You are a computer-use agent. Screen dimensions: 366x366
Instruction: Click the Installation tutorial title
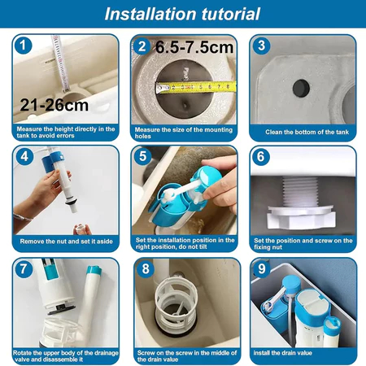click(x=182, y=14)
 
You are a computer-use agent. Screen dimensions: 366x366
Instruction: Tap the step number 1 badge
click(x=24, y=46)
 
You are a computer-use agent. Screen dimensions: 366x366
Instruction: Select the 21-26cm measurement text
click(x=54, y=105)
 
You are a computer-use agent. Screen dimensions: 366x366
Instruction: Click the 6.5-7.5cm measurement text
click(x=194, y=48)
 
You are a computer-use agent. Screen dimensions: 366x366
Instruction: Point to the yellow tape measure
click(x=196, y=87)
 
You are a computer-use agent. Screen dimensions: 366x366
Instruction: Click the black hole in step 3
click(x=301, y=88)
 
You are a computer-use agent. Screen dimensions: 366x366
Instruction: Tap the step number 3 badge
click(x=261, y=46)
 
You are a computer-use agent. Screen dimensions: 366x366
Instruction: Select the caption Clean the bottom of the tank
click(x=307, y=132)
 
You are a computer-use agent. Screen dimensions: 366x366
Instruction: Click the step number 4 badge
click(x=24, y=156)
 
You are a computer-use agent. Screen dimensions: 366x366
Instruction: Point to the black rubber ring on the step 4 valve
click(x=71, y=202)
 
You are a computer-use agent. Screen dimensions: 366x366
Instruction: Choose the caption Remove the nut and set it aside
click(x=66, y=242)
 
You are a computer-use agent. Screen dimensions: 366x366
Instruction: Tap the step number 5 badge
click(x=142, y=156)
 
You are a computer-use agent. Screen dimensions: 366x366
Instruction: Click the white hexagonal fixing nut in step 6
click(x=301, y=217)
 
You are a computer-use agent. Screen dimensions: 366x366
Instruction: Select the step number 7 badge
click(x=24, y=269)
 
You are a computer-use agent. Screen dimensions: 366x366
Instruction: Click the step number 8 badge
click(x=146, y=269)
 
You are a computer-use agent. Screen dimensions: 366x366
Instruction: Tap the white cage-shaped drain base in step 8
click(x=174, y=303)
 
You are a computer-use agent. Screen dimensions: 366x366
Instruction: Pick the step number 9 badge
click(x=261, y=269)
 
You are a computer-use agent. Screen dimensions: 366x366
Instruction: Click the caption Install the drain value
click(x=282, y=353)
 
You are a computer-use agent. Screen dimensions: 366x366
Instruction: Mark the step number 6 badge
click(x=261, y=156)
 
